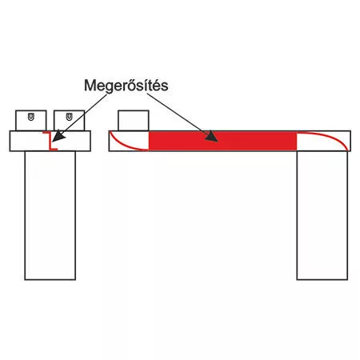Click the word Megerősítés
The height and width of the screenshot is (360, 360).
[126, 86]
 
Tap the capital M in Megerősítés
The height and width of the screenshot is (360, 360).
[90, 86]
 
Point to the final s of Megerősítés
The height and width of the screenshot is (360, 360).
[165, 87]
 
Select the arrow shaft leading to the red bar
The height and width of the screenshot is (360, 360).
[178, 113]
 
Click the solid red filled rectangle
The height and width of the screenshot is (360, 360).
[222, 141]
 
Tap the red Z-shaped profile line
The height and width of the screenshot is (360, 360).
[50, 141]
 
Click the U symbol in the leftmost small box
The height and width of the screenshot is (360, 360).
[31, 117]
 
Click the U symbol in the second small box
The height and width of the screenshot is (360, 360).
[70, 117]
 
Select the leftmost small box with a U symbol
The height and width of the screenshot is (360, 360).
[31, 121]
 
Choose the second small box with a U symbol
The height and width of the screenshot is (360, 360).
[70, 121]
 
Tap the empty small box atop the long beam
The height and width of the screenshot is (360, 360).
[134, 121]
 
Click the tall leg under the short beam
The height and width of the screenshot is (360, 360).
[50, 215]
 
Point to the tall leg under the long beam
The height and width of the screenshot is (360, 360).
[322, 215]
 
